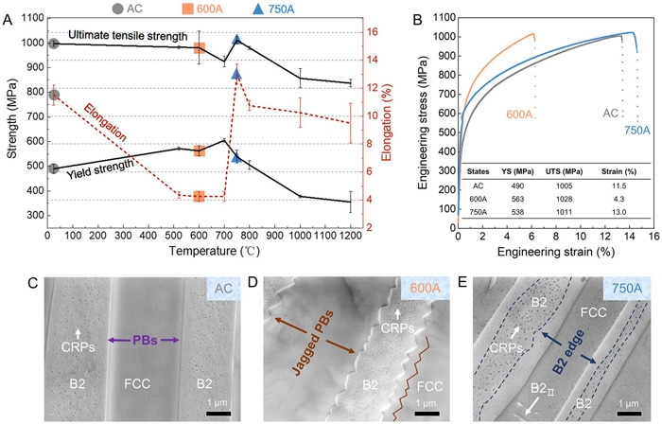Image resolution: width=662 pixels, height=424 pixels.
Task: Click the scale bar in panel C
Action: coord(215,413)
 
